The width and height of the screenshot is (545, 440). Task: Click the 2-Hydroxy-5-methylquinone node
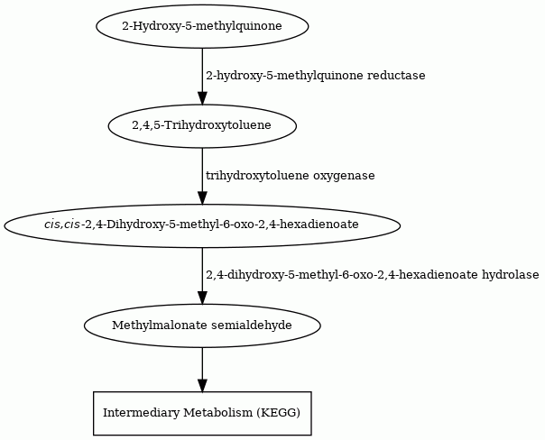click(202, 26)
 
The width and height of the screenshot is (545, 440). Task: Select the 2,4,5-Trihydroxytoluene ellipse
click(202, 125)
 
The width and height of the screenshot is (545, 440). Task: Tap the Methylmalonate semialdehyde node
click(202, 325)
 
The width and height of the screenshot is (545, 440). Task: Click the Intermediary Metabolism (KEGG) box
click(202, 413)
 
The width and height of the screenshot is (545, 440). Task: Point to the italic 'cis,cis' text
click(62, 225)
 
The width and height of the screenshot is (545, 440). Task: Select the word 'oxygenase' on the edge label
click(344, 176)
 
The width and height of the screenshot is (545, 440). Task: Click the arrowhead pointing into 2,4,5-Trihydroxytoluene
click(202, 98)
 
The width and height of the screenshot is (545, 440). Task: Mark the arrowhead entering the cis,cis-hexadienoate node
click(202, 198)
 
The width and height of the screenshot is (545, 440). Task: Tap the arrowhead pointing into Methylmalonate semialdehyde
click(202, 298)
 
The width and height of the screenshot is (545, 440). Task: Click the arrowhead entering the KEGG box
click(202, 386)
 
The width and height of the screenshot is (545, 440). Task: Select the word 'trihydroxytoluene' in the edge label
click(257, 176)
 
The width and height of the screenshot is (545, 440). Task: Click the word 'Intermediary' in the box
click(142, 413)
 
